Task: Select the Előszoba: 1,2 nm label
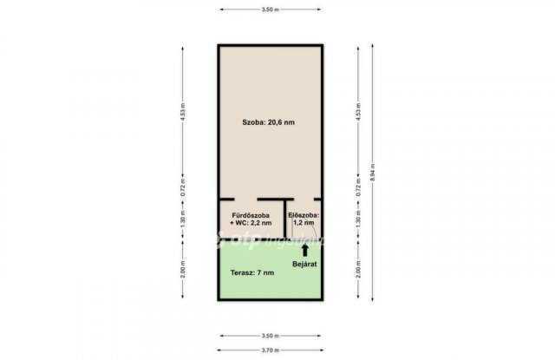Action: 304,218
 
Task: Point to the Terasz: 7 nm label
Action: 252,272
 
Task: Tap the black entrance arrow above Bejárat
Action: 304,248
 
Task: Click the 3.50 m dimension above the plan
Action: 270,9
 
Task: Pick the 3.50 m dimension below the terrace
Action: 270,335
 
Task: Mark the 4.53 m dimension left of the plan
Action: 182,116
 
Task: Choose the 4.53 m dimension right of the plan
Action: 357,116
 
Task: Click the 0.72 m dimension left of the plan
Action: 182,194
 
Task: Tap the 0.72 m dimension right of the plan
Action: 357,194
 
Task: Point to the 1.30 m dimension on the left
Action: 182,221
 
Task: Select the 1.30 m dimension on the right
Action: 357,221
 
